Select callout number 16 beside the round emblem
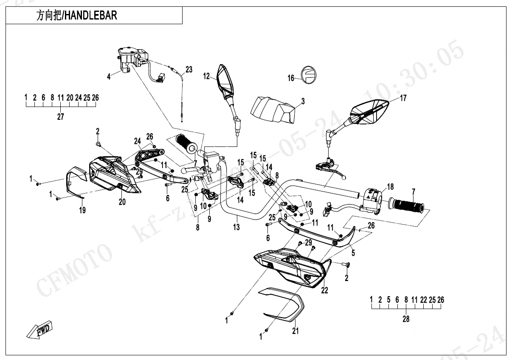(x=291, y=79)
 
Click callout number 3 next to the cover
(x=303, y=101)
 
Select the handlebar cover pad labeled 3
(x=273, y=109)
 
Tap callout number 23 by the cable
(x=188, y=70)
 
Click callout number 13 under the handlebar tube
(x=236, y=227)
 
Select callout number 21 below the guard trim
(x=295, y=331)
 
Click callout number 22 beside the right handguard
(x=325, y=290)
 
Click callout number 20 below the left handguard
(x=122, y=202)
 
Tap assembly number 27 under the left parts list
(x=61, y=117)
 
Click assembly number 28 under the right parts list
(x=406, y=319)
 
